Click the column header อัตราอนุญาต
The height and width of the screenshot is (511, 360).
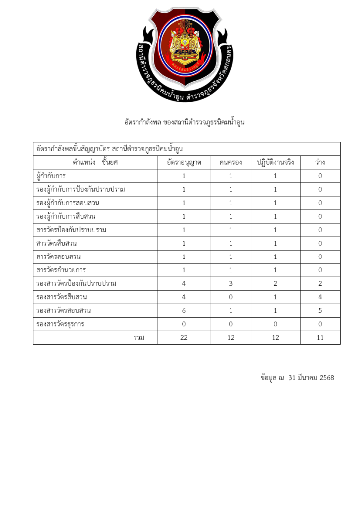click(184, 162)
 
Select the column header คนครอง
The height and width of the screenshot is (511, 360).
click(231, 162)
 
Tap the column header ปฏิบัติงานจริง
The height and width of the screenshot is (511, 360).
click(275, 162)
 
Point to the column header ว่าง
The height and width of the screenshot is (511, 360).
click(320, 162)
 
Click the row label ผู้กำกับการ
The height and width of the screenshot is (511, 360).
click(51, 176)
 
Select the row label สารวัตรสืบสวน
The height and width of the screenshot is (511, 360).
click(56, 243)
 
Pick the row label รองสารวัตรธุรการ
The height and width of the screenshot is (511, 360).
click(60, 324)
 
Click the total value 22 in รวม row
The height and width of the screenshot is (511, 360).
click(184, 338)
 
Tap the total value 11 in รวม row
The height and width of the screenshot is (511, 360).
click(320, 338)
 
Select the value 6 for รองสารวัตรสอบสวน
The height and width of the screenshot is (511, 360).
click(184, 310)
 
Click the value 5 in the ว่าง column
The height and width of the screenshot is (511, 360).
click(320, 310)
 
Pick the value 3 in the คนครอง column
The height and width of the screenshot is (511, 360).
click(231, 283)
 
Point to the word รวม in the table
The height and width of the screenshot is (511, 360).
click(139, 338)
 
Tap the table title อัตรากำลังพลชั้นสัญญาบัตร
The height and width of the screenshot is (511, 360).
click(80, 148)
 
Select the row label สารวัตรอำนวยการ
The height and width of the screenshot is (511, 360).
click(61, 270)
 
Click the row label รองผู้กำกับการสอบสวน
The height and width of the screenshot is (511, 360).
click(68, 203)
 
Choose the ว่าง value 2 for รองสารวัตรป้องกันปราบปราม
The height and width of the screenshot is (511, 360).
click(320, 283)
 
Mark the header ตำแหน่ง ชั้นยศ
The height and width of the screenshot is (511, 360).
click(95, 162)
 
